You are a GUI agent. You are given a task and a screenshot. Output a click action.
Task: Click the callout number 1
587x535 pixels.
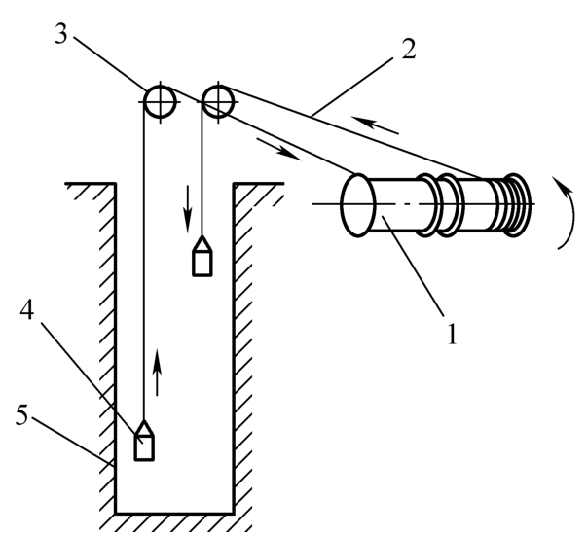(453, 333)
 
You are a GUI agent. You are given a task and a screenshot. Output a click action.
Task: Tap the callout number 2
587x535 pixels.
(409, 50)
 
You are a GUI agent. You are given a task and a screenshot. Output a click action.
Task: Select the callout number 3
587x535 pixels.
(61, 34)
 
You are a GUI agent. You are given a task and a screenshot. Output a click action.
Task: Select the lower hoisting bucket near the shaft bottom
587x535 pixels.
(144, 440)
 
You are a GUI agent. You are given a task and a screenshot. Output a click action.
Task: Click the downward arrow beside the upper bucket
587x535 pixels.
(187, 209)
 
